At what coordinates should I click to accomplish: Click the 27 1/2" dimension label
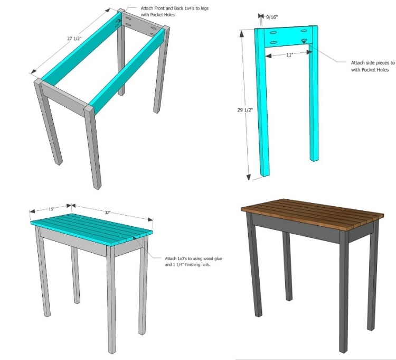74,39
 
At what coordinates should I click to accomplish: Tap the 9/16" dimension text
272,17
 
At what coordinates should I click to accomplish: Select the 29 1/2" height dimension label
245,110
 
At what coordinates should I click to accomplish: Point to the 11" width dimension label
289,54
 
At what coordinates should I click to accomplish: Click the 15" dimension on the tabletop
52,209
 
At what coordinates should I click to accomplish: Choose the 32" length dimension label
108,213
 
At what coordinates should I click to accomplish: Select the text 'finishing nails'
198,265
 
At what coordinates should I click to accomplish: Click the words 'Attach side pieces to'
373,63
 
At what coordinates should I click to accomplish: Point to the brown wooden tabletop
313,215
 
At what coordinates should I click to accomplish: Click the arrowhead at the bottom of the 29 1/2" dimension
249,178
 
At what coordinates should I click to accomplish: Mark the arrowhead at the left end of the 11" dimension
268,56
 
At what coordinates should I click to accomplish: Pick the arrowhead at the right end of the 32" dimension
151,219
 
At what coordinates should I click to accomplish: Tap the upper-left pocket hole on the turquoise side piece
273,32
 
